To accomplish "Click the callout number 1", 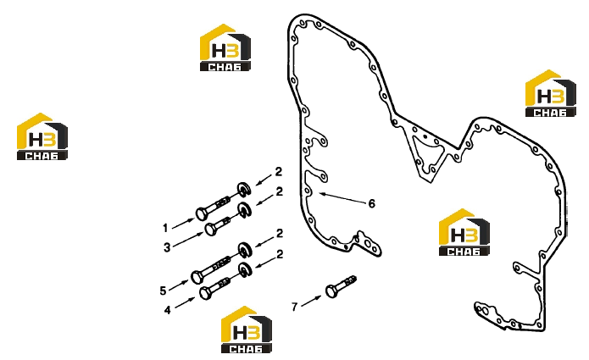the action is point(165,228).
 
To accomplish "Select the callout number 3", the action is point(167,247).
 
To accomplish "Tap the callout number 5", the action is point(163,291).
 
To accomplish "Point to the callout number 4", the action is point(167,310).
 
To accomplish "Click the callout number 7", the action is point(295,307).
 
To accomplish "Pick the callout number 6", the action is point(371,203).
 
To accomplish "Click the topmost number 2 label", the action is point(278,172).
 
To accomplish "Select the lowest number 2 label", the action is point(280,254).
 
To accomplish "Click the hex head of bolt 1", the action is point(202,214).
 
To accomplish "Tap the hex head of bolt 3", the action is point(211,229).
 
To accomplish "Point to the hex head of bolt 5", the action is point(197,278).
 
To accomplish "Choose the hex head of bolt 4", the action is point(205,293).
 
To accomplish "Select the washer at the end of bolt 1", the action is point(244,189).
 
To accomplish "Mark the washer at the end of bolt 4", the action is point(246,270).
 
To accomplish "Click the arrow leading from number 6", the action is point(342,198).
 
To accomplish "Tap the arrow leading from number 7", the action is point(311,301).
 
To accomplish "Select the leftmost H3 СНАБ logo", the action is point(42,136).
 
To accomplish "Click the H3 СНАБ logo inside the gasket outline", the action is point(464,232).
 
